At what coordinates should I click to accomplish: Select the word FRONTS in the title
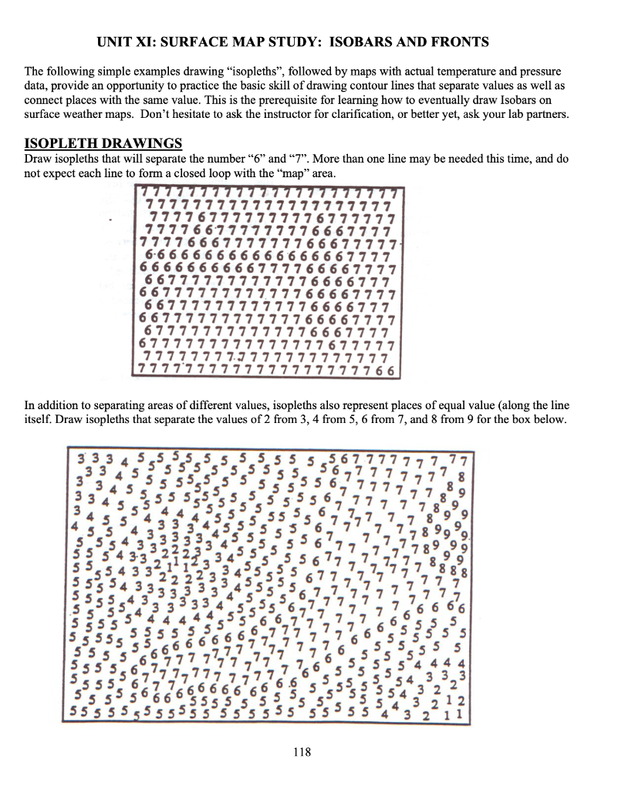(461, 41)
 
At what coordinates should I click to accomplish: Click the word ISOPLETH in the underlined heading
(59, 144)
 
